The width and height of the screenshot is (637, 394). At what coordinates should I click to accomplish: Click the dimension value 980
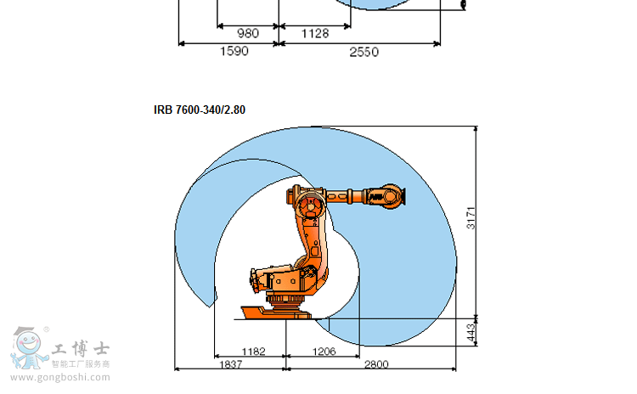click(248, 33)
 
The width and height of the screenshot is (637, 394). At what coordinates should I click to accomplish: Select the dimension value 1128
click(315, 33)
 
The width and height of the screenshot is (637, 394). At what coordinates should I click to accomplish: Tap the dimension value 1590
click(234, 51)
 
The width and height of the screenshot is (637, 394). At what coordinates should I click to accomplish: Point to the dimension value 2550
click(364, 52)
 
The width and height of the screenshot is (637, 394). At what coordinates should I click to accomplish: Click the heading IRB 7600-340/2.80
click(200, 110)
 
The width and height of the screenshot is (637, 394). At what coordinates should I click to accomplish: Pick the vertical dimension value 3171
click(471, 218)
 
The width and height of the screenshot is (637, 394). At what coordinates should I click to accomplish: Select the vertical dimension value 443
click(471, 333)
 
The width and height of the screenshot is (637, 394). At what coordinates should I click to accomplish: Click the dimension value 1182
click(253, 352)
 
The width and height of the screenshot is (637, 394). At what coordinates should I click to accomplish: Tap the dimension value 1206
click(324, 352)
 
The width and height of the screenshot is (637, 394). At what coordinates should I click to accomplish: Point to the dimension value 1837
click(231, 364)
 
